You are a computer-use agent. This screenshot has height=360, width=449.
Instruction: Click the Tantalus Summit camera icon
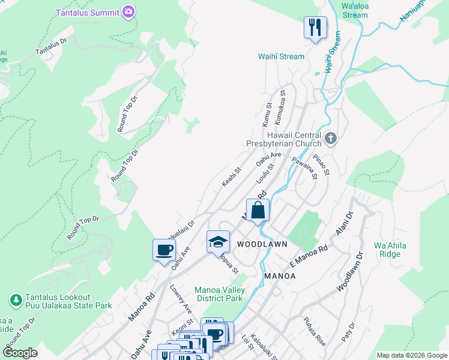[x=128, y=11]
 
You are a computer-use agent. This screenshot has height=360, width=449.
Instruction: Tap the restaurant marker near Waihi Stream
[x=315, y=28]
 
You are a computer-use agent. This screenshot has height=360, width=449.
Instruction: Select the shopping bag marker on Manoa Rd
[x=258, y=211]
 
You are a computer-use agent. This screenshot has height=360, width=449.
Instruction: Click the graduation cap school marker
[x=218, y=242]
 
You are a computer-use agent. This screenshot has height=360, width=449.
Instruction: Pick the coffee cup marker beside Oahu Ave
[x=164, y=250]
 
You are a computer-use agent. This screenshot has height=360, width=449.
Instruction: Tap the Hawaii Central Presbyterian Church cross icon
[x=330, y=139]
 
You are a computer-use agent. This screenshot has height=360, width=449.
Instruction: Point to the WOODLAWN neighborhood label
[x=262, y=244]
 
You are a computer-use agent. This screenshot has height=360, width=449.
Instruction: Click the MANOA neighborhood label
[x=280, y=275]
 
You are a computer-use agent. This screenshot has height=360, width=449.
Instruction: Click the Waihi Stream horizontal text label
[x=281, y=56]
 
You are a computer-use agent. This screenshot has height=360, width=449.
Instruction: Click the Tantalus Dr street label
[x=52, y=45]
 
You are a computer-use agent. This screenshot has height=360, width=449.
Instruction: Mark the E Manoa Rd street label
[x=309, y=254]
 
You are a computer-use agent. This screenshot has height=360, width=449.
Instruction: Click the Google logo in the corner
[x=20, y=352]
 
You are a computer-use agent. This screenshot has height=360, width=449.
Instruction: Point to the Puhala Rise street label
[x=315, y=331]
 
